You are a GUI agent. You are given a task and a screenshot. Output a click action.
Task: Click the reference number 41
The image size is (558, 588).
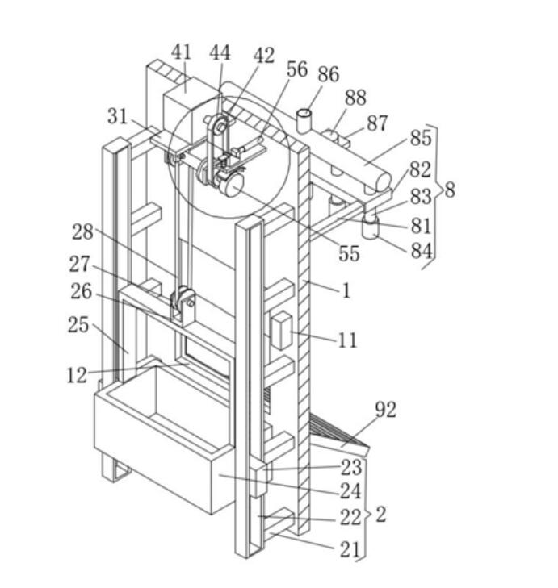click(x=182, y=52)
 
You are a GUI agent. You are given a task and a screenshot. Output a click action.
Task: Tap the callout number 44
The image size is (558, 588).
click(x=220, y=52)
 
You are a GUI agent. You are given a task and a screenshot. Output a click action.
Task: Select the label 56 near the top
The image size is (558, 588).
click(x=297, y=69)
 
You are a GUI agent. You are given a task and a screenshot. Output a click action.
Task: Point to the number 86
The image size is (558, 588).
click(x=329, y=74)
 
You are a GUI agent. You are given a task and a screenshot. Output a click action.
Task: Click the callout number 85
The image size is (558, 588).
click(x=421, y=138)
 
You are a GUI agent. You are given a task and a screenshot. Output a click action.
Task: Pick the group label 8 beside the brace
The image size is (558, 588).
click(x=451, y=190)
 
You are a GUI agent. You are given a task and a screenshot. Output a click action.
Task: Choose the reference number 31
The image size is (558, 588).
click(x=118, y=116)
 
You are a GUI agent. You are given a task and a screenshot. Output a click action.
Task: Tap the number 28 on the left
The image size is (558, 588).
click(x=82, y=231)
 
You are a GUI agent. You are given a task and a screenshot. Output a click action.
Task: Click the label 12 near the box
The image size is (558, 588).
click(x=77, y=374)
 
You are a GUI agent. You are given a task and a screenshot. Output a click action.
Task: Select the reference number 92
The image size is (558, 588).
click(x=386, y=410)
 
